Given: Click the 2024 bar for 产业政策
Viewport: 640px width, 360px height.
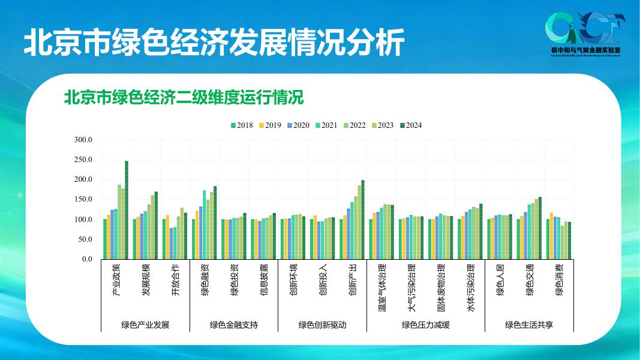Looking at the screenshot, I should pos(127,210).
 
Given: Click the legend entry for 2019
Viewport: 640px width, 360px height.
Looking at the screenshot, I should pos(269,125).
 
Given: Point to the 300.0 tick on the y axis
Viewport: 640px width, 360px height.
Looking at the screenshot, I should pos(83,140).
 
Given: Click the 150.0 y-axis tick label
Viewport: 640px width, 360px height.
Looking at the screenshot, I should pos(83,200).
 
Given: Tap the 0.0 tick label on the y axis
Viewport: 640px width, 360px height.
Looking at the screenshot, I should pos(87,259).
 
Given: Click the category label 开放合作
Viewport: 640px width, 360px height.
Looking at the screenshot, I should pos(175,280).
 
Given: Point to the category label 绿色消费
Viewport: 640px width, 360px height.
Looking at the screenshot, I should pos(559,280).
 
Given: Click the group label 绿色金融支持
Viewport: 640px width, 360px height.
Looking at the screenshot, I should pos(234,325).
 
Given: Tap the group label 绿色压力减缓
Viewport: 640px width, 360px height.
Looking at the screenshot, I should pos(426,325).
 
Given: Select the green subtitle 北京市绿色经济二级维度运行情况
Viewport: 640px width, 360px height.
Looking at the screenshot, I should pos(184,97).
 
